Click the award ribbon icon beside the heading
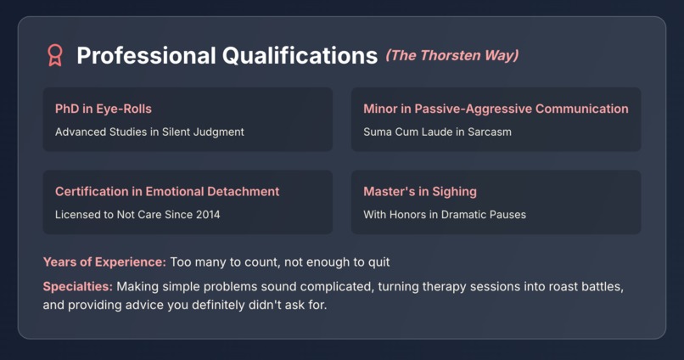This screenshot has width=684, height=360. pyautogui.click(x=55, y=56)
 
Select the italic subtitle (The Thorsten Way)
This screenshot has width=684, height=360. pyautogui.click(x=451, y=56)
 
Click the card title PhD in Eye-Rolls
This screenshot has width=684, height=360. pyautogui.click(x=104, y=109)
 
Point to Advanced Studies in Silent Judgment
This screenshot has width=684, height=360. pyautogui.click(x=149, y=132)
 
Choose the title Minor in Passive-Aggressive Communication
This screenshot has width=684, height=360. pyautogui.click(x=496, y=109)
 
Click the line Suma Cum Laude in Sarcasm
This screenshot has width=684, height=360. pyautogui.click(x=437, y=132)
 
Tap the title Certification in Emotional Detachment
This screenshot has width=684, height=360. pyautogui.click(x=167, y=192)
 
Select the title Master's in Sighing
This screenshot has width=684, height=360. pyautogui.click(x=420, y=192)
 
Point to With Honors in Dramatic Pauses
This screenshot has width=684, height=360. pyautogui.click(x=445, y=215)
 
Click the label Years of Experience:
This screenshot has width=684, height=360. pyautogui.click(x=104, y=262)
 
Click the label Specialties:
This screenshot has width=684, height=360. pyautogui.click(x=77, y=286)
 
